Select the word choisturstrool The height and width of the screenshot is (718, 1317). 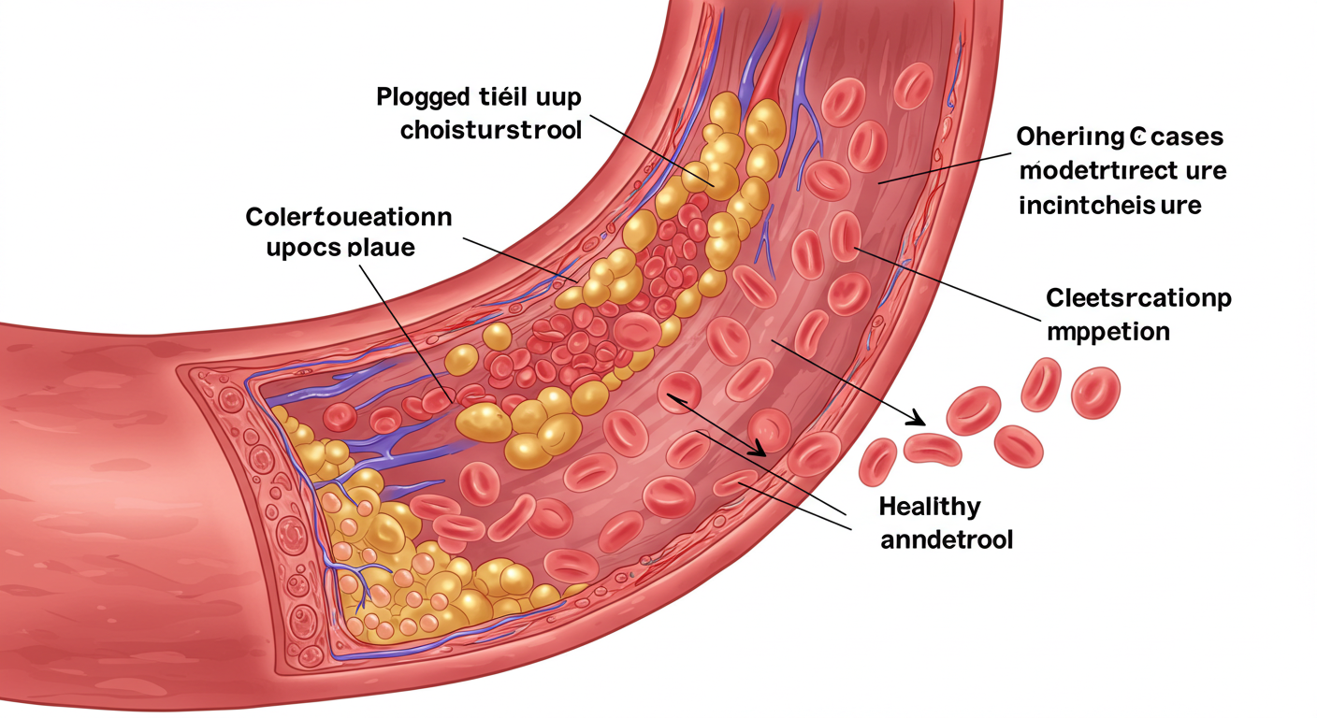click(491, 130)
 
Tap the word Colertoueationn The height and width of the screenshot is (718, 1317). click(348, 218)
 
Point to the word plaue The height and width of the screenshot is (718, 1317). click(381, 249)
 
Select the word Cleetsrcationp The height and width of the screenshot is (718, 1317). click(1138, 299)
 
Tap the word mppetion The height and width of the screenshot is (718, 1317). click(1107, 332)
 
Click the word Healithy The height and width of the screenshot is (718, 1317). click(930, 507)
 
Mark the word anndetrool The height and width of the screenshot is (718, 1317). click(947, 540)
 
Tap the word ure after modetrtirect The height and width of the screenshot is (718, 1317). click(1206, 171)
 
